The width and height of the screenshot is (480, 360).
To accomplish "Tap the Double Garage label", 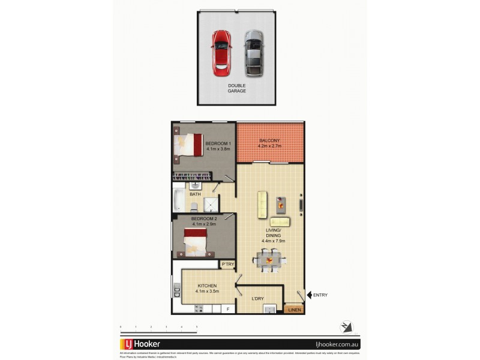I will pyautogui.click(x=237, y=88).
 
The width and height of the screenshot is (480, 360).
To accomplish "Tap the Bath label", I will pyautogui.click(x=195, y=194).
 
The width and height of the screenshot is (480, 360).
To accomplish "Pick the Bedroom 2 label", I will pyautogui.click(x=204, y=221).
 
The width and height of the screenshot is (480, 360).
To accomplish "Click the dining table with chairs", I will pyautogui.click(x=270, y=260).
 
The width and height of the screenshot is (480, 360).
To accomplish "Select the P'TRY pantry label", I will pyautogui.click(x=227, y=265).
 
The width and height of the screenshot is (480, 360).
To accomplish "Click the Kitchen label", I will pyautogui.click(x=206, y=289).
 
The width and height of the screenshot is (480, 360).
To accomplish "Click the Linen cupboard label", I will pyautogui.click(x=294, y=310).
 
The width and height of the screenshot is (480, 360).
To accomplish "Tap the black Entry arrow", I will pyautogui.click(x=310, y=295).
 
